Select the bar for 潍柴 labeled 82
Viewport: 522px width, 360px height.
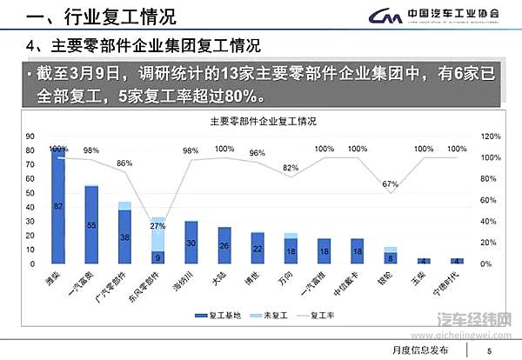[58, 207]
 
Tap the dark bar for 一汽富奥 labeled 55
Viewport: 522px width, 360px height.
[91, 225]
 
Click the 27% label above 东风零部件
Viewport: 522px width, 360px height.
[157, 226]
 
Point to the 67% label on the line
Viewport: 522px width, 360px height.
[390, 183]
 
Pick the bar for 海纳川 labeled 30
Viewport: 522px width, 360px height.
[191, 243]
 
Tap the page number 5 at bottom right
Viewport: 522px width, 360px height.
[489, 350]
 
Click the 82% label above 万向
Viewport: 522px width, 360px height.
[290, 168]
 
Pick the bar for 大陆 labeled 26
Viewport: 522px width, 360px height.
[224, 246]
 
